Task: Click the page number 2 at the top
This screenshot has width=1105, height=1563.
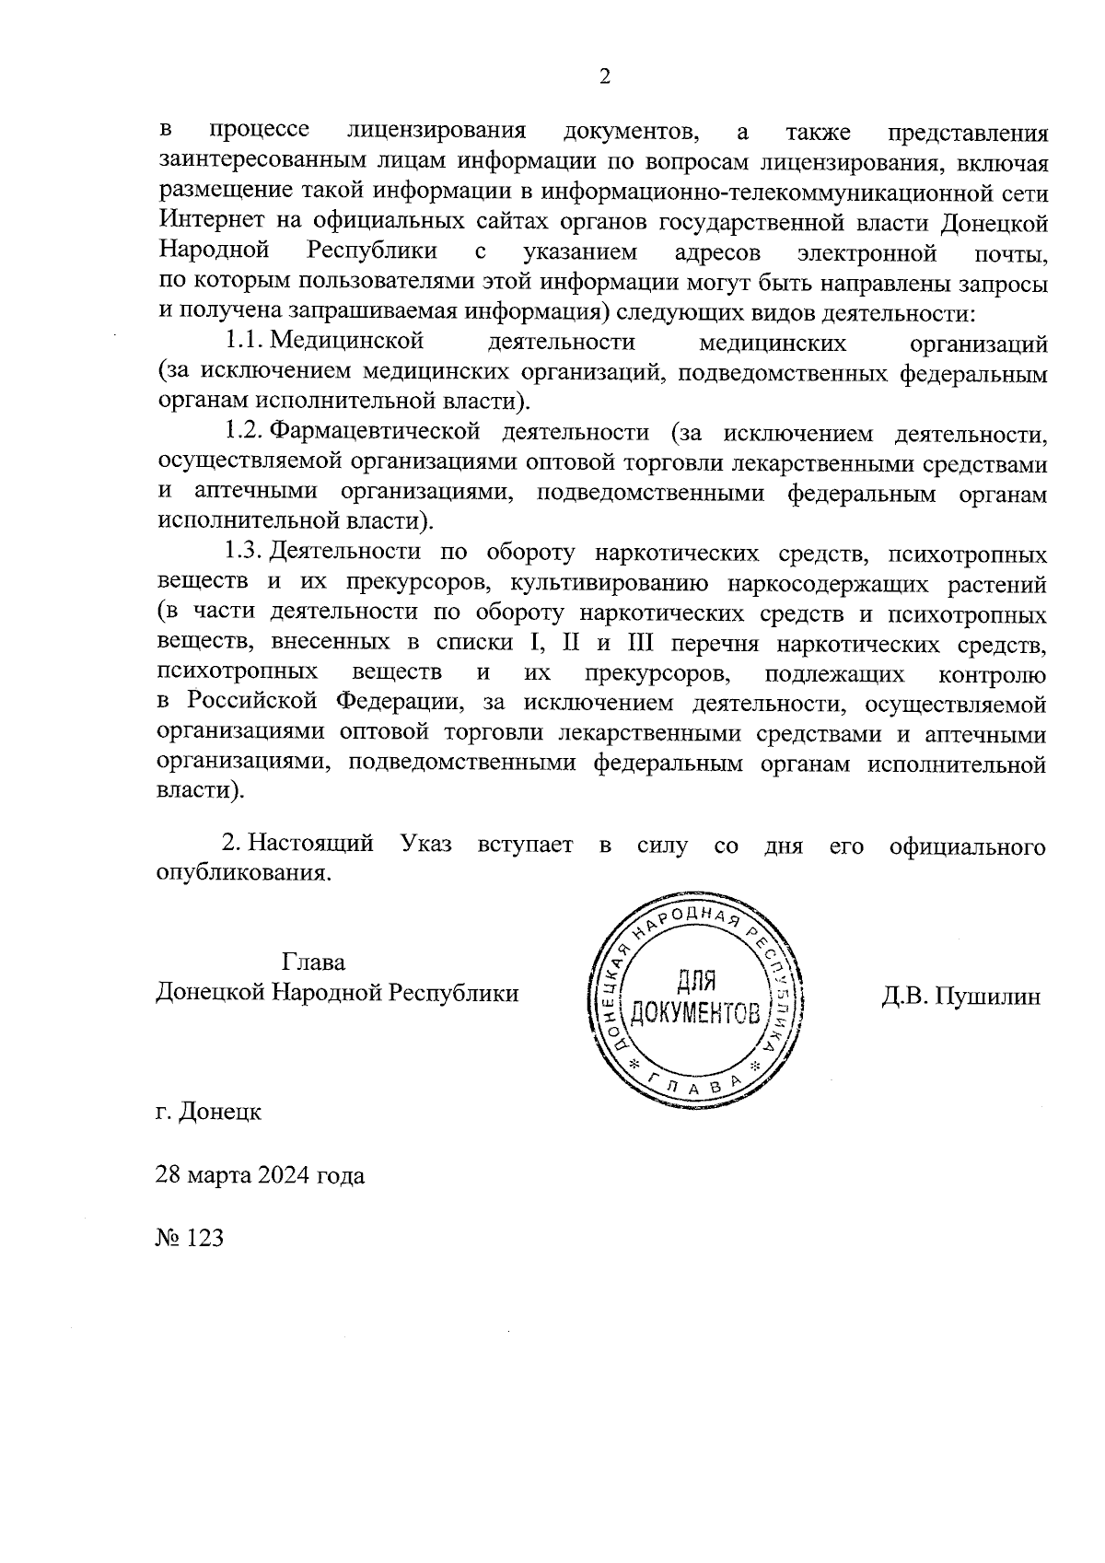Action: point(604,77)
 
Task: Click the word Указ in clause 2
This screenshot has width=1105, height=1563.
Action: point(426,845)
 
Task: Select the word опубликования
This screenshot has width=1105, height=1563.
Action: point(243,873)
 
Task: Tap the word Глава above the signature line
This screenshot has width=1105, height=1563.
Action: point(313,963)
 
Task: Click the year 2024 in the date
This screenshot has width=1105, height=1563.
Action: point(285,1176)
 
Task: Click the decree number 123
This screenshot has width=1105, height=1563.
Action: point(204,1239)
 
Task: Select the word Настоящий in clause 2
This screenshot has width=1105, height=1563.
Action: point(311,845)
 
